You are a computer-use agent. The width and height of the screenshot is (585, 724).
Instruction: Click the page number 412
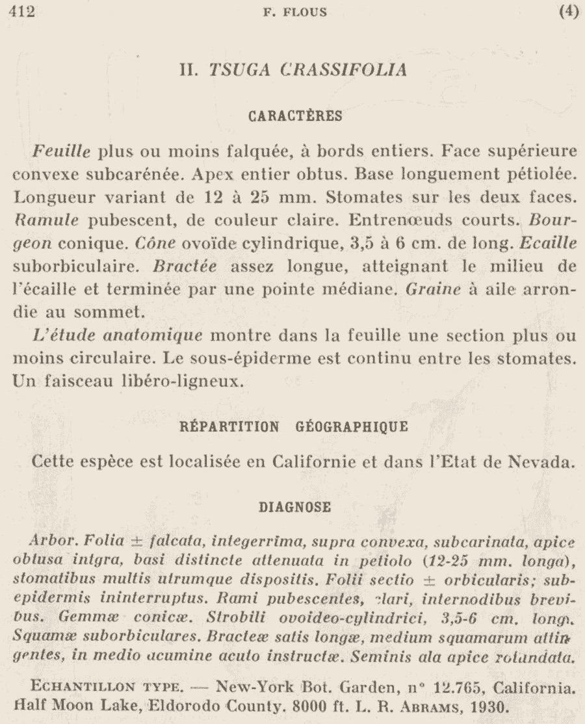[20, 12]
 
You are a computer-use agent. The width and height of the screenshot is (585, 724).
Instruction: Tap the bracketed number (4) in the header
[567, 12]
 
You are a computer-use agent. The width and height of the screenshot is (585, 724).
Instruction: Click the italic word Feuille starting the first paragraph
[60, 152]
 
